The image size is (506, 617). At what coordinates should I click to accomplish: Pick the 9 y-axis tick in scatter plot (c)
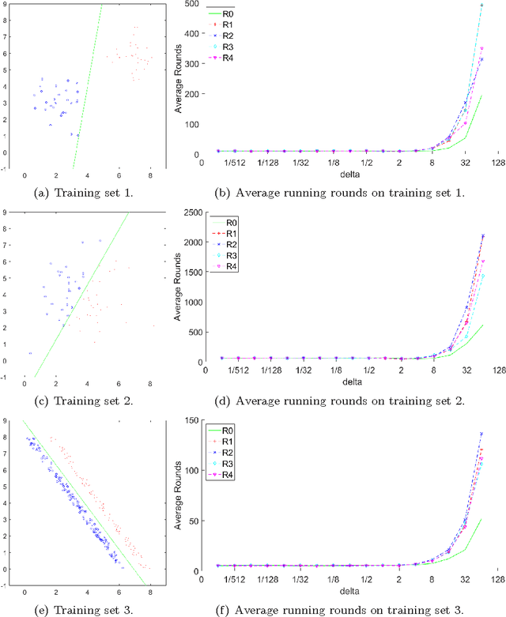(6, 213)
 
